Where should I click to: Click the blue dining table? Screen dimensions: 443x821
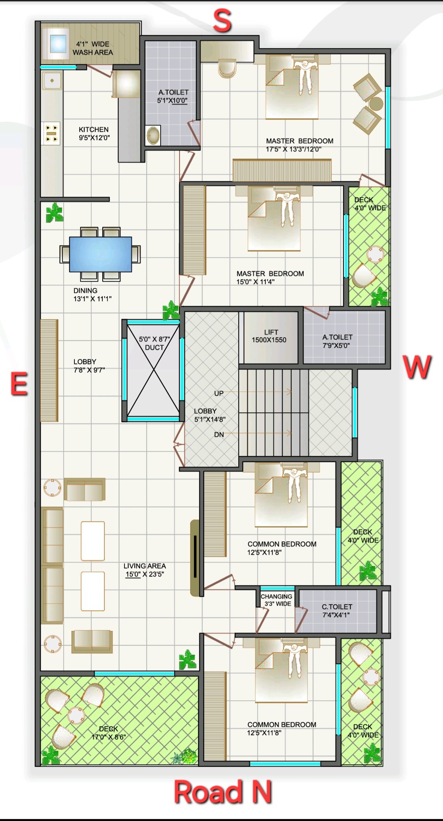tap(101, 254)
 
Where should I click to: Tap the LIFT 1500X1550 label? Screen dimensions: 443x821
tap(270, 336)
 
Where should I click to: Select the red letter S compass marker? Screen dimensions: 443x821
tap(222, 21)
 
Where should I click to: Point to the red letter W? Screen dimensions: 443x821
tap(417, 367)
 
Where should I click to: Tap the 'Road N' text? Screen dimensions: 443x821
tap(223, 791)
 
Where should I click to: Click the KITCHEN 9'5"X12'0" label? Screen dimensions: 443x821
tap(94, 133)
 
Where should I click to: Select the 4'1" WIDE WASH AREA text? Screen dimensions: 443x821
tap(93, 48)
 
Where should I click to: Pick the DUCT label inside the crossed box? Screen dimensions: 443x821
tap(154, 347)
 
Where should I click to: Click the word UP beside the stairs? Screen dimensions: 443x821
tap(219, 393)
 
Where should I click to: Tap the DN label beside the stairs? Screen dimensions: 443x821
tap(219, 435)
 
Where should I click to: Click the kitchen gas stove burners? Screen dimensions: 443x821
tap(52, 133)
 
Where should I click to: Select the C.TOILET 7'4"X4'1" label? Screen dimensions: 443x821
tap(337, 611)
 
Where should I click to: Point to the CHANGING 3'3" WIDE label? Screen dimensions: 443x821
tap(277, 600)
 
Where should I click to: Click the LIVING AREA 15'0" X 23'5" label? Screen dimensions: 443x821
tap(145, 570)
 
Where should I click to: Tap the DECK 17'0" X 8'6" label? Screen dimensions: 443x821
tap(108, 733)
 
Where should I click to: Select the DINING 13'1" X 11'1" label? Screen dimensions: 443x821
tap(92, 294)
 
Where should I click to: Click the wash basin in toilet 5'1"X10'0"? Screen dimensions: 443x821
tap(153, 135)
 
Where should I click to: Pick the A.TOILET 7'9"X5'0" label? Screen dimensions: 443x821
tap(337, 341)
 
